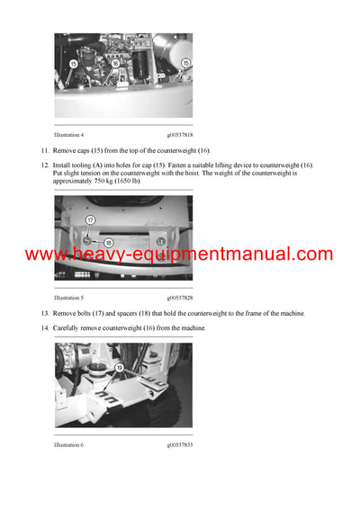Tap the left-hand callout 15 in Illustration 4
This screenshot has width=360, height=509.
click(x=71, y=64)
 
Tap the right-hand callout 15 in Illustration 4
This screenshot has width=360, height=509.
click(x=185, y=64)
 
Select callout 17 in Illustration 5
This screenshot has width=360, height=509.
click(x=90, y=219)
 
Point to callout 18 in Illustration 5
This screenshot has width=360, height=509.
click(x=106, y=243)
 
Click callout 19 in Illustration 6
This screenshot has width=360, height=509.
click(x=118, y=368)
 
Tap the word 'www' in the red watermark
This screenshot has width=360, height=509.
click(x=45, y=254)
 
